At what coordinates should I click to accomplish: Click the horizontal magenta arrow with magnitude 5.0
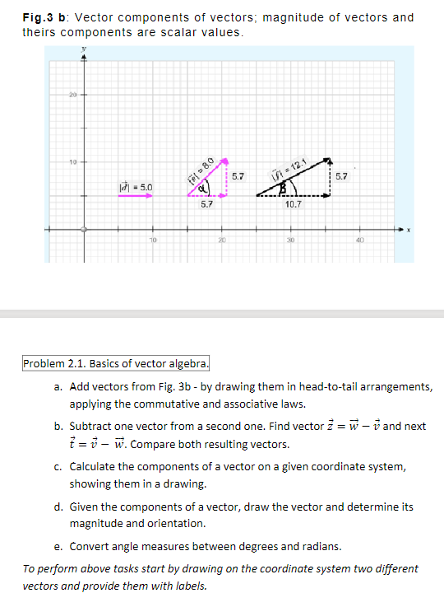[x=135, y=198]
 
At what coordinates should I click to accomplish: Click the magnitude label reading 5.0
[x=135, y=188]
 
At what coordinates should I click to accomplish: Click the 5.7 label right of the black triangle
[x=341, y=176]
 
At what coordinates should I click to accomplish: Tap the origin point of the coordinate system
[x=81, y=230]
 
